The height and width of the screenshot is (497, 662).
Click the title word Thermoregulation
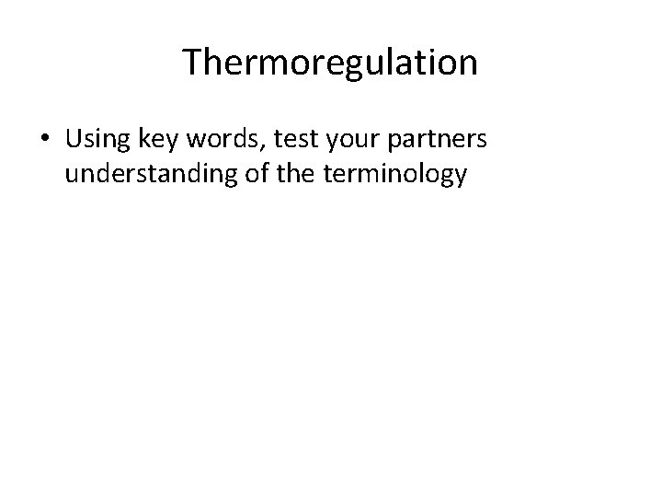(330, 63)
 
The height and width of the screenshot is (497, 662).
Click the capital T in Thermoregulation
(192, 63)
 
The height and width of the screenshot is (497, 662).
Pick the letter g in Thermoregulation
(346, 66)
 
